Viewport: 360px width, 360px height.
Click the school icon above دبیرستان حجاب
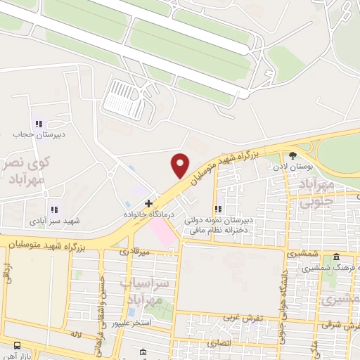coord(39,123)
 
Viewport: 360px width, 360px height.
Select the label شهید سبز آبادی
coord(54,220)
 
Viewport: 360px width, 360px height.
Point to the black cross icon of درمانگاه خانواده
coord(148,203)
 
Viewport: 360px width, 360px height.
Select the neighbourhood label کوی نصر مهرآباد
coord(29,171)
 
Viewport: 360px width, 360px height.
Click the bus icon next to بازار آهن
coord(18,345)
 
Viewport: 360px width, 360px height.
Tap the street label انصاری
coord(218,344)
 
